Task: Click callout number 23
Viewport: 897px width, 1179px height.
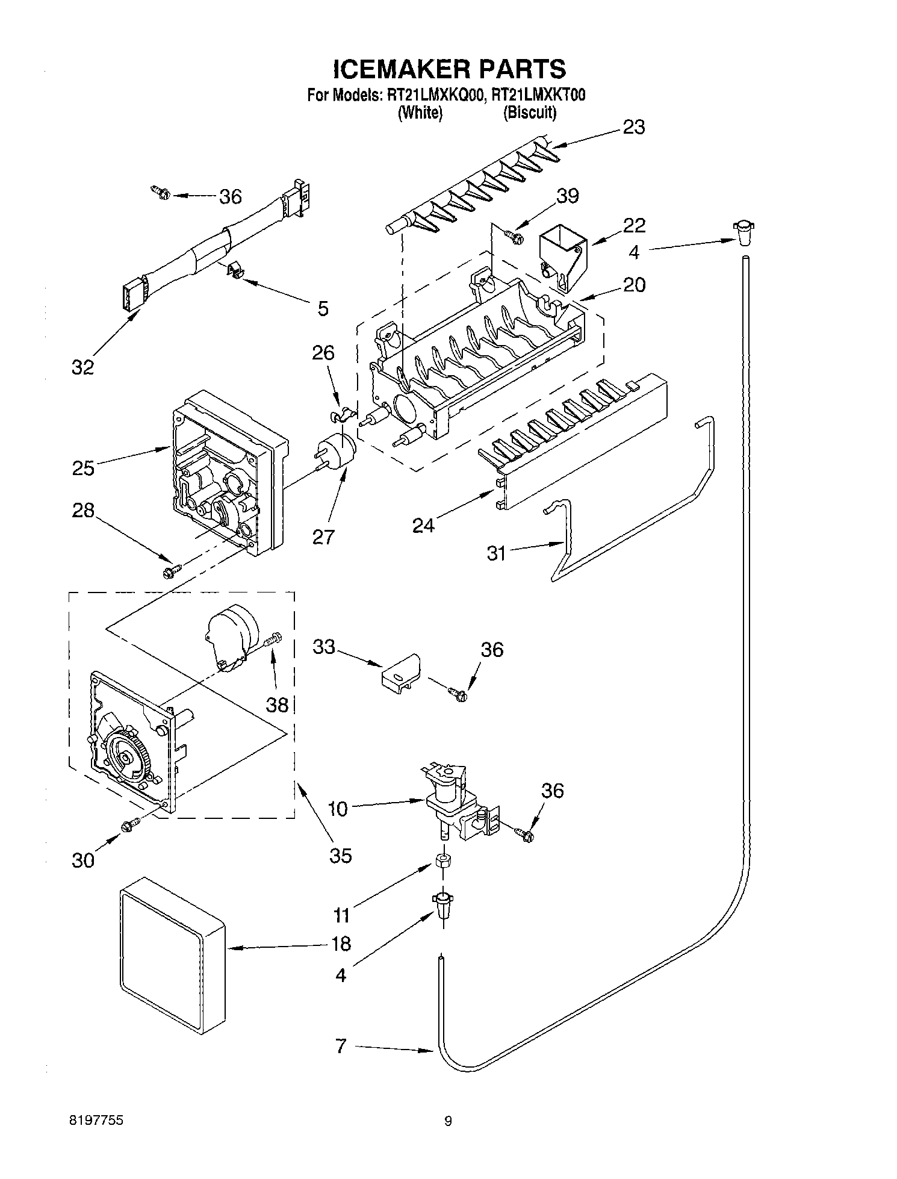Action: [x=633, y=128]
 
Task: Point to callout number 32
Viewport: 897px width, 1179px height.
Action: [x=83, y=367]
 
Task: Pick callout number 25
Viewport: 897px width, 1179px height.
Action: [x=83, y=468]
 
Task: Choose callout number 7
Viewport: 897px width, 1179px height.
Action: [x=341, y=1045]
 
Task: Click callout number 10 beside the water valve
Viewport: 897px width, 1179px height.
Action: [x=338, y=809]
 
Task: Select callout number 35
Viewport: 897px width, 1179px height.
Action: [x=341, y=855]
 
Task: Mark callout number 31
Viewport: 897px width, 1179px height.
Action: [x=496, y=553]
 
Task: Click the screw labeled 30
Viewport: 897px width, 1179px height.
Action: [x=129, y=827]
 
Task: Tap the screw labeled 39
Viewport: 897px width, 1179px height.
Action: [x=514, y=235]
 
